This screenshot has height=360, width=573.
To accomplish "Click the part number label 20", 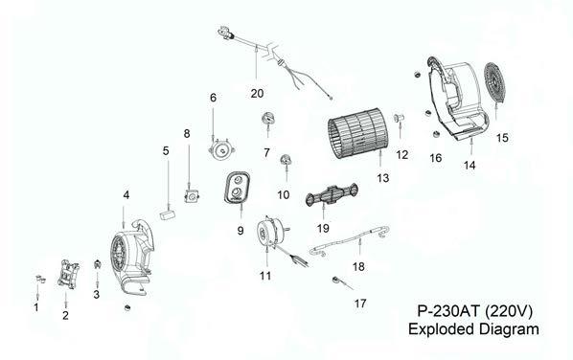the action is [x=257, y=94].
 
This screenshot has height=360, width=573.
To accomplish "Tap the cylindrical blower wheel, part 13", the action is [x=354, y=133].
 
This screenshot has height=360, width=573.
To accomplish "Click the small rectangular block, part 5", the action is [x=168, y=213].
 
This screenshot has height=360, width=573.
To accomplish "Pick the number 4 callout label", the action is [x=126, y=195].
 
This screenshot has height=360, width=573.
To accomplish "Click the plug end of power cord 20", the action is [x=224, y=33].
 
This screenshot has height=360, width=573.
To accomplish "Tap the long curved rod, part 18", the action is [x=349, y=240].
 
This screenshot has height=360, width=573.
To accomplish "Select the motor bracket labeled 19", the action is [x=332, y=194].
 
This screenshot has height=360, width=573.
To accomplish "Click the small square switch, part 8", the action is [x=191, y=196].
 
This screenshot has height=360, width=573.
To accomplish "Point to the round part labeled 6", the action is [x=221, y=149].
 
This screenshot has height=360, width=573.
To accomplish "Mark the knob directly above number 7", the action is [x=267, y=118].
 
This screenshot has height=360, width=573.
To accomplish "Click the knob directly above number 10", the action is [x=286, y=159].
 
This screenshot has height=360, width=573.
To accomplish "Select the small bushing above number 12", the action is [x=398, y=118].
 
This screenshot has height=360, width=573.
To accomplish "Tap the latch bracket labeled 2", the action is [x=68, y=274].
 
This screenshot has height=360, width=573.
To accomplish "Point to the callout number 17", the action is [x=360, y=304].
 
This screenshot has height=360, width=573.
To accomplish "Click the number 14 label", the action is [x=470, y=166].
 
